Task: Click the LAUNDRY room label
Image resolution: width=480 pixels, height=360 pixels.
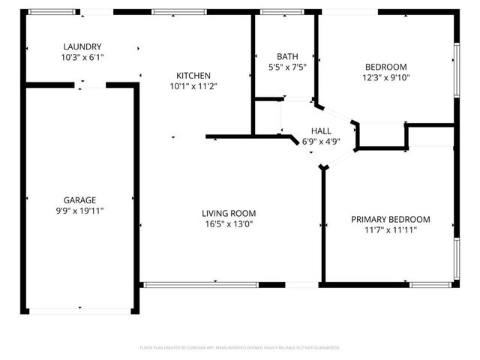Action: [x=82, y=46]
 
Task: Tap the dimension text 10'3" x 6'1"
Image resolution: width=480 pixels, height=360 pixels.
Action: [x=82, y=57]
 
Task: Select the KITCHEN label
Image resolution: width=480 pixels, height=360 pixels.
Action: [x=193, y=75]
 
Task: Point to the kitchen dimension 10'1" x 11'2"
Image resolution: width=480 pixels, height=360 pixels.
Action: [x=193, y=85]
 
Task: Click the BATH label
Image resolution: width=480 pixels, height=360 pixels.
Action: [x=286, y=56]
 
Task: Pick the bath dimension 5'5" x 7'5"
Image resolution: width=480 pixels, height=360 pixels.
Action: [x=286, y=67]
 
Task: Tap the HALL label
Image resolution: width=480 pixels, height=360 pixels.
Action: [x=321, y=130]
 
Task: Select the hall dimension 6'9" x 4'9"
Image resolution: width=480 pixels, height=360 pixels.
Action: [x=321, y=141]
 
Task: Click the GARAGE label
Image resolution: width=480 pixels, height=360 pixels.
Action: [x=79, y=200]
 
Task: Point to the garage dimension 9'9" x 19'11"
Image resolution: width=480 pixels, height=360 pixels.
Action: [x=79, y=211]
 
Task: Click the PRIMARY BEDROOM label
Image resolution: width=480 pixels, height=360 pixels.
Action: [x=391, y=219]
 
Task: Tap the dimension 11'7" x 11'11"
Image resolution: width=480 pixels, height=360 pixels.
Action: [x=391, y=229]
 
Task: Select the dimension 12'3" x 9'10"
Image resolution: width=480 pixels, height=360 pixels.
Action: [x=386, y=76]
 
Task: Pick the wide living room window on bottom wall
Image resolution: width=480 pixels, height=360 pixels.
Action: [x=200, y=284]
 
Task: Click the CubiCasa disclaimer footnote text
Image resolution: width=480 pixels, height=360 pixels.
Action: [x=240, y=348]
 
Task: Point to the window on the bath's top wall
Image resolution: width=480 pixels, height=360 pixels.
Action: [x=282, y=12]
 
